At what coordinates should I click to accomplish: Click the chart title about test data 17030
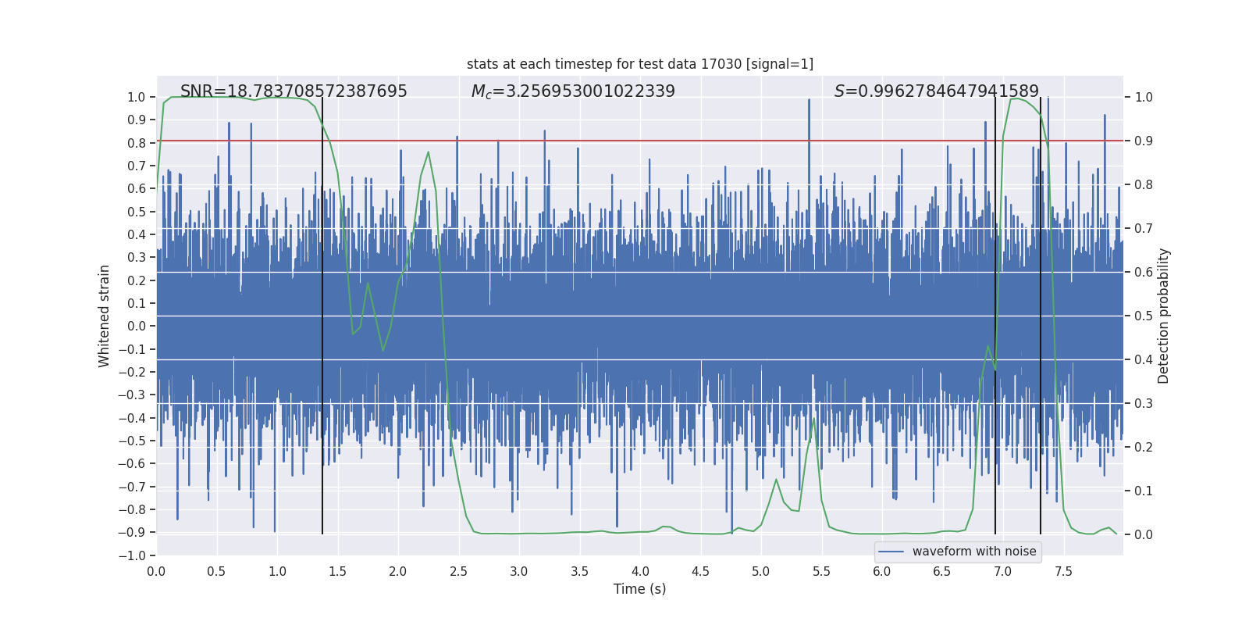click(x=639, y=64)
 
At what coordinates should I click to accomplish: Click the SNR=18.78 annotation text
click(x=294, y=91)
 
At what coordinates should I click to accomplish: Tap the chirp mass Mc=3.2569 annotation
click(x=573, y=91)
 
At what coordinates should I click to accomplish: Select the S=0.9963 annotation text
click(x=936, y=91)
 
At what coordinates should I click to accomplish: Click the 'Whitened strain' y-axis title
click(x=105, y=316)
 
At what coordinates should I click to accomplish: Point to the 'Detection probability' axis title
click(x=1164, y=316)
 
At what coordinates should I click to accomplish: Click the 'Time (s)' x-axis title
click(x=639, y=589)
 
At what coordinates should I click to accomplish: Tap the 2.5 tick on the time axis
click(x=458, y=571)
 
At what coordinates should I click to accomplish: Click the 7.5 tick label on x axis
click(x=1063, y=571)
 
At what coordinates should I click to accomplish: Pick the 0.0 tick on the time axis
click(x=156, y=571)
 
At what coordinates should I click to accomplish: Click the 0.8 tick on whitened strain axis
click(x=137, y=143)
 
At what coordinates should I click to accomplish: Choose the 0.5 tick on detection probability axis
click(x=1144, y=316)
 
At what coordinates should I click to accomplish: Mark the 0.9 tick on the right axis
click(x=1144, y=141)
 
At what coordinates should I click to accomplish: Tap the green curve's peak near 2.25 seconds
click(x=428, y=152)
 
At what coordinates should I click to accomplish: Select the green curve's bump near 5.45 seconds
click(x=814, y=420)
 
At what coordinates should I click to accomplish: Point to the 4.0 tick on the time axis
click(x=640, y=571)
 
